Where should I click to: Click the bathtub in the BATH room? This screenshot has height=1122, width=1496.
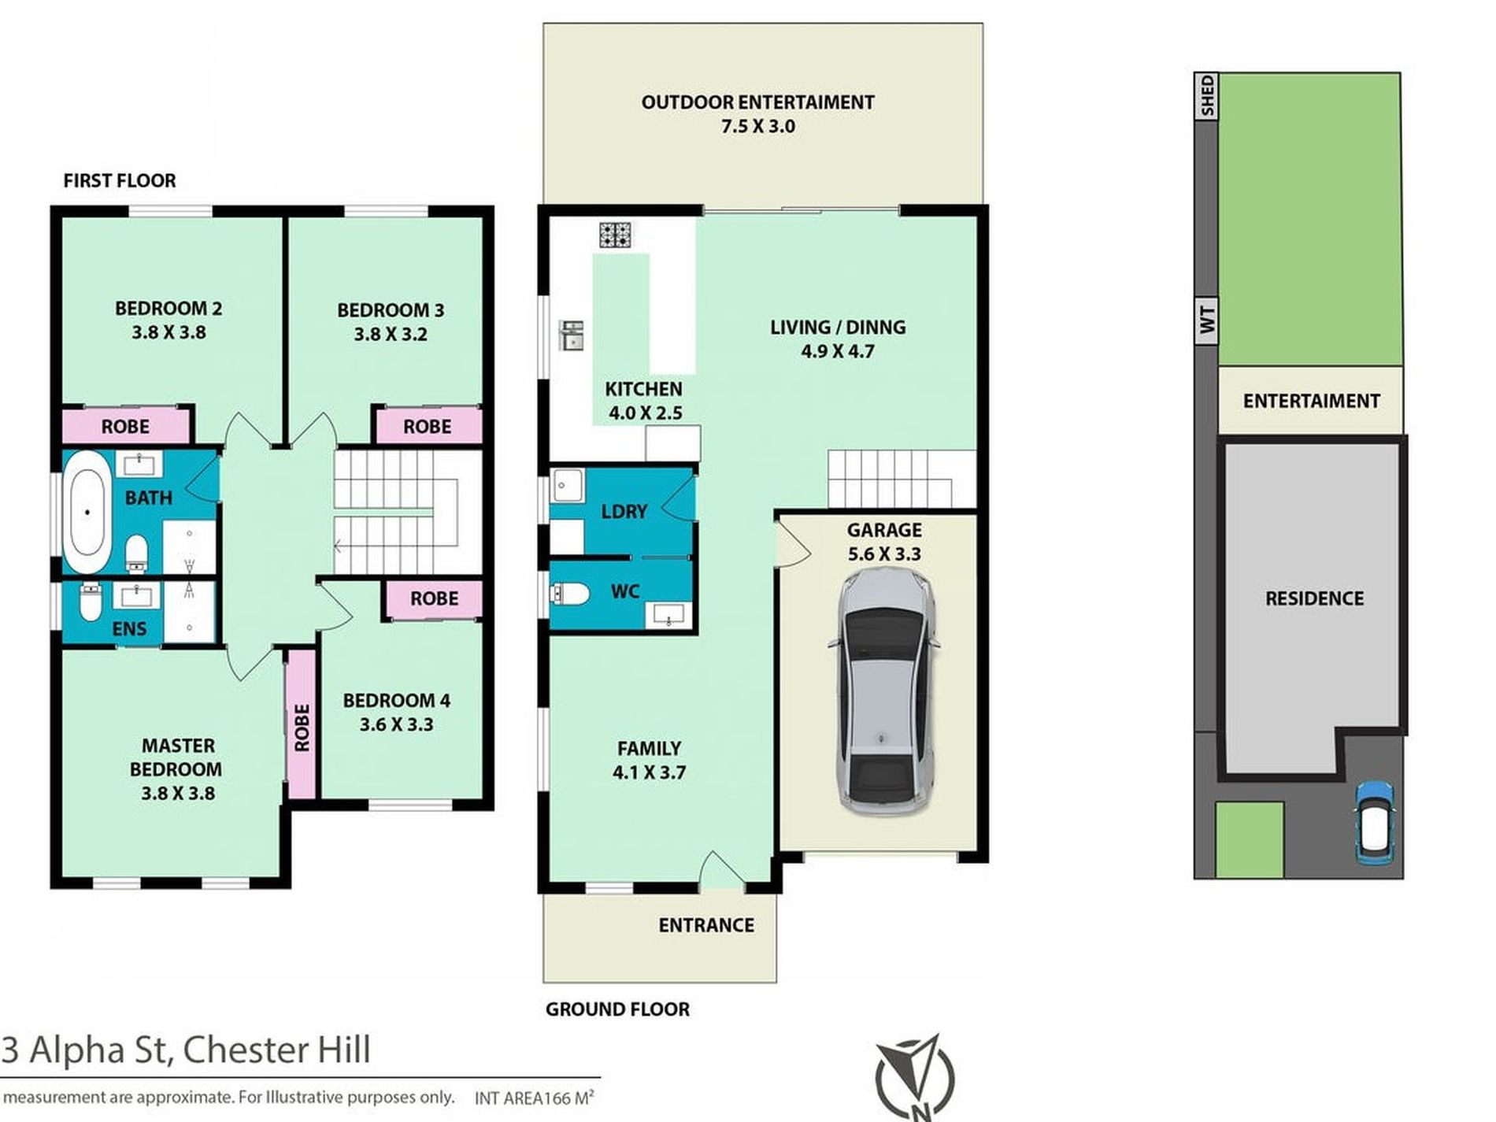[87, 513]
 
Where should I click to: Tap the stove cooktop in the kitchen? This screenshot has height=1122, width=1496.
[615, 235]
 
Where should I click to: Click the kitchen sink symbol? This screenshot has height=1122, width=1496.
[572, 335]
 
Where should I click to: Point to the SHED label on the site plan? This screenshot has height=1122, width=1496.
[1206, 96]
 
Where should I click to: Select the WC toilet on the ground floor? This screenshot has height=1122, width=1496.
[568, 594]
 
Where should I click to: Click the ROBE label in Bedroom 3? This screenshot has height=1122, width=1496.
[427, 427]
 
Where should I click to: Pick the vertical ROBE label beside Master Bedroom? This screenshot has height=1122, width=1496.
[301, 727]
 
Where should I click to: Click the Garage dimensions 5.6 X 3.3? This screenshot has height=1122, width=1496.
[884, 554]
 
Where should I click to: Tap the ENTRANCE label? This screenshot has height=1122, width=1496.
[706, 925]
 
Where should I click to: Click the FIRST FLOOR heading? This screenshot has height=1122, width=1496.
[120, 181]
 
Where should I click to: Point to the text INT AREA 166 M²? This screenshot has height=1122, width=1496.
[534, 1098]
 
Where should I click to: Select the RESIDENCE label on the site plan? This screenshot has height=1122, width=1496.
[1314, 598]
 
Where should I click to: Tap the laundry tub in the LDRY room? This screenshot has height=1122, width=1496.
[566, 485]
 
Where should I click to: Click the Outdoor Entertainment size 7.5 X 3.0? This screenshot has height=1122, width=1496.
[757, 127]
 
